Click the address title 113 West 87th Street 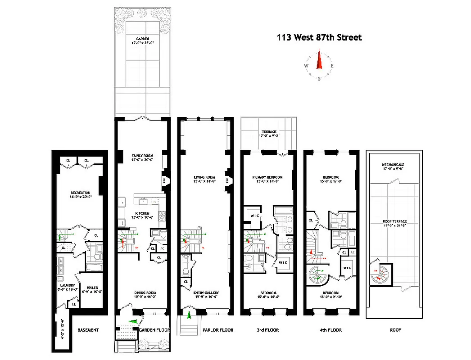(x=319, y=38)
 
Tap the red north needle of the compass (x=319, y=60)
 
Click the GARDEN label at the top (x=143, y=39)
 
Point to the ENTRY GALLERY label (x=205, y=292)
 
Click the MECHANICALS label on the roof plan (x=394, y=165)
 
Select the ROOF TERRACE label (x=394, y=221)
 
